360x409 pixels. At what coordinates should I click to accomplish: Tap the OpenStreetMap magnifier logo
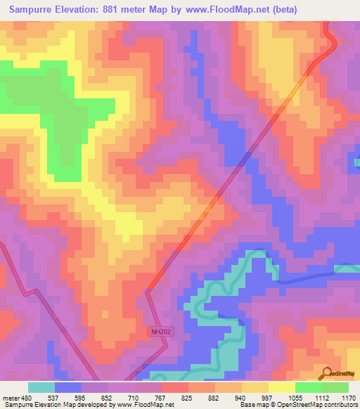(325, 374)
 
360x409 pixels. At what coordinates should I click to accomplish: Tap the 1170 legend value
(348, 397)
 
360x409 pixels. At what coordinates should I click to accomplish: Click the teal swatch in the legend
(41, 387)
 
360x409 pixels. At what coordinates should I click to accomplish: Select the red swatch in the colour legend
(174, 387)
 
